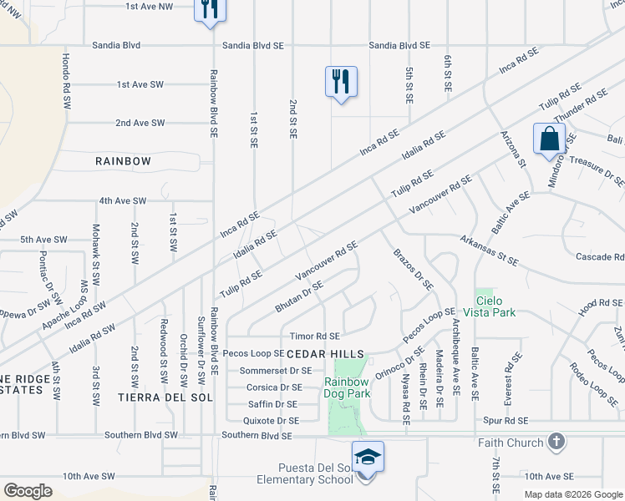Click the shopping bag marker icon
tap(549, 139)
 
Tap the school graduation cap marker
tap(368, 457)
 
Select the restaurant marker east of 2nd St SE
tap(341, 82)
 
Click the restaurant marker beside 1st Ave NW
tap(209, 8)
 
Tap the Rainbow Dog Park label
tap(347, 387)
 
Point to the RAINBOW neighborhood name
tap(123, 161)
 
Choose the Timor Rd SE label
tap(314, 337)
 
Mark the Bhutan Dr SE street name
tap(298, 298)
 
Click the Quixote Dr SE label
tap(272, 421)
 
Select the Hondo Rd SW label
tap(65, 81)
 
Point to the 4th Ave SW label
tap(122, 201)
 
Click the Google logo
tap(28, 490)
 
